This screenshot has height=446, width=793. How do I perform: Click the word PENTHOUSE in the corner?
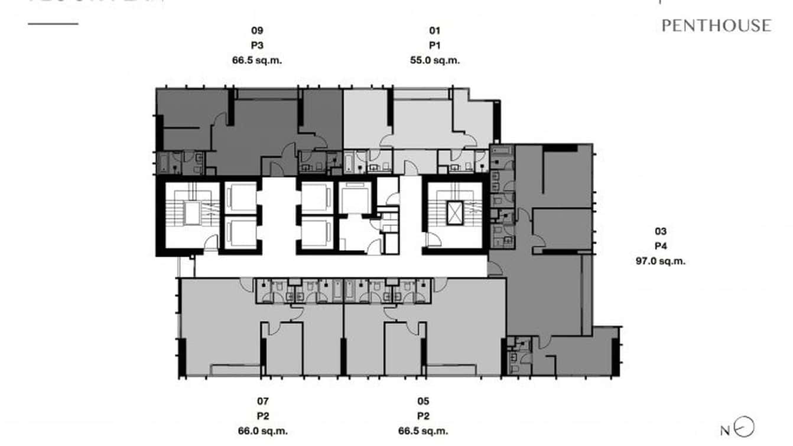click(716, 25)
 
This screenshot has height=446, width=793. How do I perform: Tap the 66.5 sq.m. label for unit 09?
click(257, 60)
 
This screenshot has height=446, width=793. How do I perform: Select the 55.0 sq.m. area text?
click(435, 60)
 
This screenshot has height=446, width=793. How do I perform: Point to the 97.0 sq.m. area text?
click(661, 261)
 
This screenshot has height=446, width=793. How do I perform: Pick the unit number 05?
click(423, 401)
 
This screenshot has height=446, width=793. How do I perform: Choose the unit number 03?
click(661, 231)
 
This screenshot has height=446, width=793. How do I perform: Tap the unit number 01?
click(435, 30)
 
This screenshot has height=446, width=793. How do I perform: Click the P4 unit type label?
click(661, 246)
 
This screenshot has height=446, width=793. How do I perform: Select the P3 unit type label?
click(257, 45)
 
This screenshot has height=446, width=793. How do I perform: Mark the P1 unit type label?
click(435, 45)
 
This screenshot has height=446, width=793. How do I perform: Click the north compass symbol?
click(746, 427)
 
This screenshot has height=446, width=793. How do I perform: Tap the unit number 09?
click(257, 30)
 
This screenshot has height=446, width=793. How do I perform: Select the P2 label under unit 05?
click(423, 416)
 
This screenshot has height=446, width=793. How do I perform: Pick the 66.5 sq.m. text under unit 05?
click(423, 431)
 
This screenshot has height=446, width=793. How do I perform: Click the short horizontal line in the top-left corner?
click(53, 24)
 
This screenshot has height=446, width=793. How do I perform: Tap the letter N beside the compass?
click(725, 431)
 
